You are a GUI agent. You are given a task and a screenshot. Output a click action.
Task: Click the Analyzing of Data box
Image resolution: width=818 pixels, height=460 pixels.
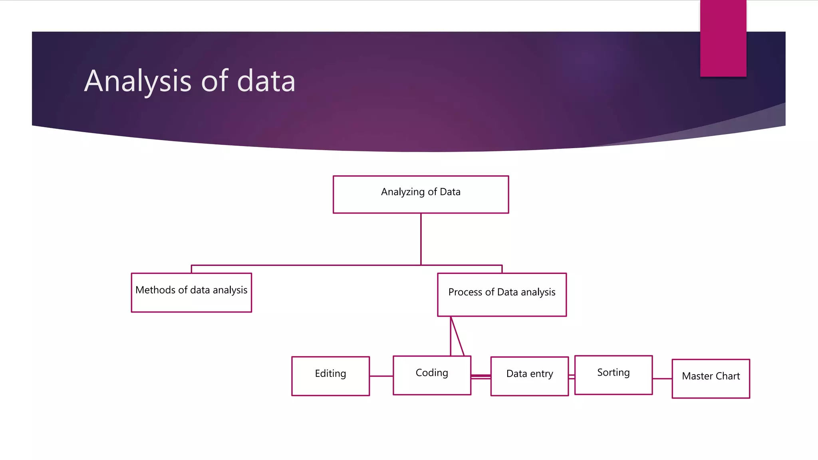(421, 194)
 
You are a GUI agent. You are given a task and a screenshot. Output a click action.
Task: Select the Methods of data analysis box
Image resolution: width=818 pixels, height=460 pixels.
(191, 292)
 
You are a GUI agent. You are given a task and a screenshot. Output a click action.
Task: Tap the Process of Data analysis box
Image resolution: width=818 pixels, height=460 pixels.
(502, 295)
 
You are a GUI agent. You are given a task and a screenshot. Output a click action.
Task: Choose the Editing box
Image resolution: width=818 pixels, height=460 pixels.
(330, 376)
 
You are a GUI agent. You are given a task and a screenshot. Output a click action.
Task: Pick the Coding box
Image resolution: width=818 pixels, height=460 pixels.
(432, 375)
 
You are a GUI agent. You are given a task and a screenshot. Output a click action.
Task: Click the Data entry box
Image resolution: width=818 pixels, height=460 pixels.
(529, 376)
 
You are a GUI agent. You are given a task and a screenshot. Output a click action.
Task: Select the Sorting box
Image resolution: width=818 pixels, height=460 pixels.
(613, 375)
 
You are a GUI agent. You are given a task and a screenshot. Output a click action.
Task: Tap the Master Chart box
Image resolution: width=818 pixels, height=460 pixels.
(711, 379)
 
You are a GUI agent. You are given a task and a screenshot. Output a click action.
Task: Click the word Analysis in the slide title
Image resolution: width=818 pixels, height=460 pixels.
(138, 81)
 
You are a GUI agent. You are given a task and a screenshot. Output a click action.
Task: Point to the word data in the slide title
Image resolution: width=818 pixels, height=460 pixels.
(266, 81)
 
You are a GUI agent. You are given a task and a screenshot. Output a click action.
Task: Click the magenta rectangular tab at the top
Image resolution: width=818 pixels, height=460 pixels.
(723, 38)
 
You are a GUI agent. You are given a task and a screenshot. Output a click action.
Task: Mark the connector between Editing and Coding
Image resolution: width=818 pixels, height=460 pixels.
(381, 376)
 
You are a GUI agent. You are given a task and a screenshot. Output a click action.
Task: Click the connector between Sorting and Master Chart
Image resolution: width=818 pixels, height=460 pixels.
(662, 379)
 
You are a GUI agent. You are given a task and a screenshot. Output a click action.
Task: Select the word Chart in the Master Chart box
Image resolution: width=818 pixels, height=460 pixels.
(728, 376)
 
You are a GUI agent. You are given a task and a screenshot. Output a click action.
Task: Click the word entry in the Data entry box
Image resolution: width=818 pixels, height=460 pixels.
(541, 374)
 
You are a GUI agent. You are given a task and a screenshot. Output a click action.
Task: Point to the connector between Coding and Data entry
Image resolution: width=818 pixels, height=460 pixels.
(480, 376)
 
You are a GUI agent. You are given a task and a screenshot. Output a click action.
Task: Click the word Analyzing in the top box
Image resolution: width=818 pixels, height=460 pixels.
(403, 192)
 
